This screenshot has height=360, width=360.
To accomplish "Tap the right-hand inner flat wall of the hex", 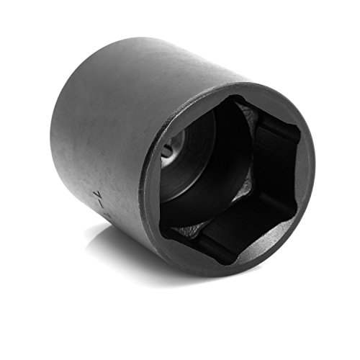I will [281, 158].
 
